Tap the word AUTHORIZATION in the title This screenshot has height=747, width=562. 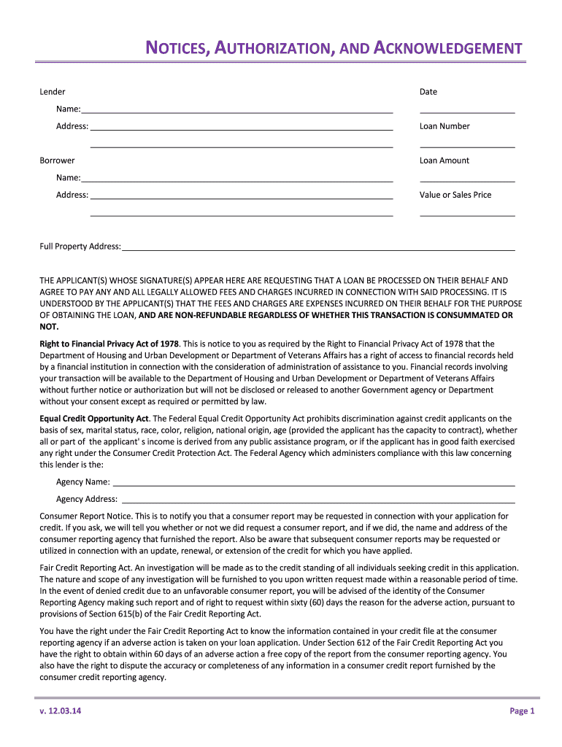click(x=273, y=49)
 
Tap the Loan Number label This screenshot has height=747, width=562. click(x=444, y=126)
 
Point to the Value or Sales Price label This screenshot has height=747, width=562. click(x=455, y=195)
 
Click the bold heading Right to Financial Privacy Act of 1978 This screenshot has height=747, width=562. click(x=109, y=344)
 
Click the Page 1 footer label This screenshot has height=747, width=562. click(x=522, y=711)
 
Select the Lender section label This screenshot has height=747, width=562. click(x=53, y=92)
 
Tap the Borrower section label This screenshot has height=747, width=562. click(x=57, y=160)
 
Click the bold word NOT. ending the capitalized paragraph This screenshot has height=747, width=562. click(x=49, y=327)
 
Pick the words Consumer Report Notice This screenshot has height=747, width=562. click(x=85, y=516)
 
